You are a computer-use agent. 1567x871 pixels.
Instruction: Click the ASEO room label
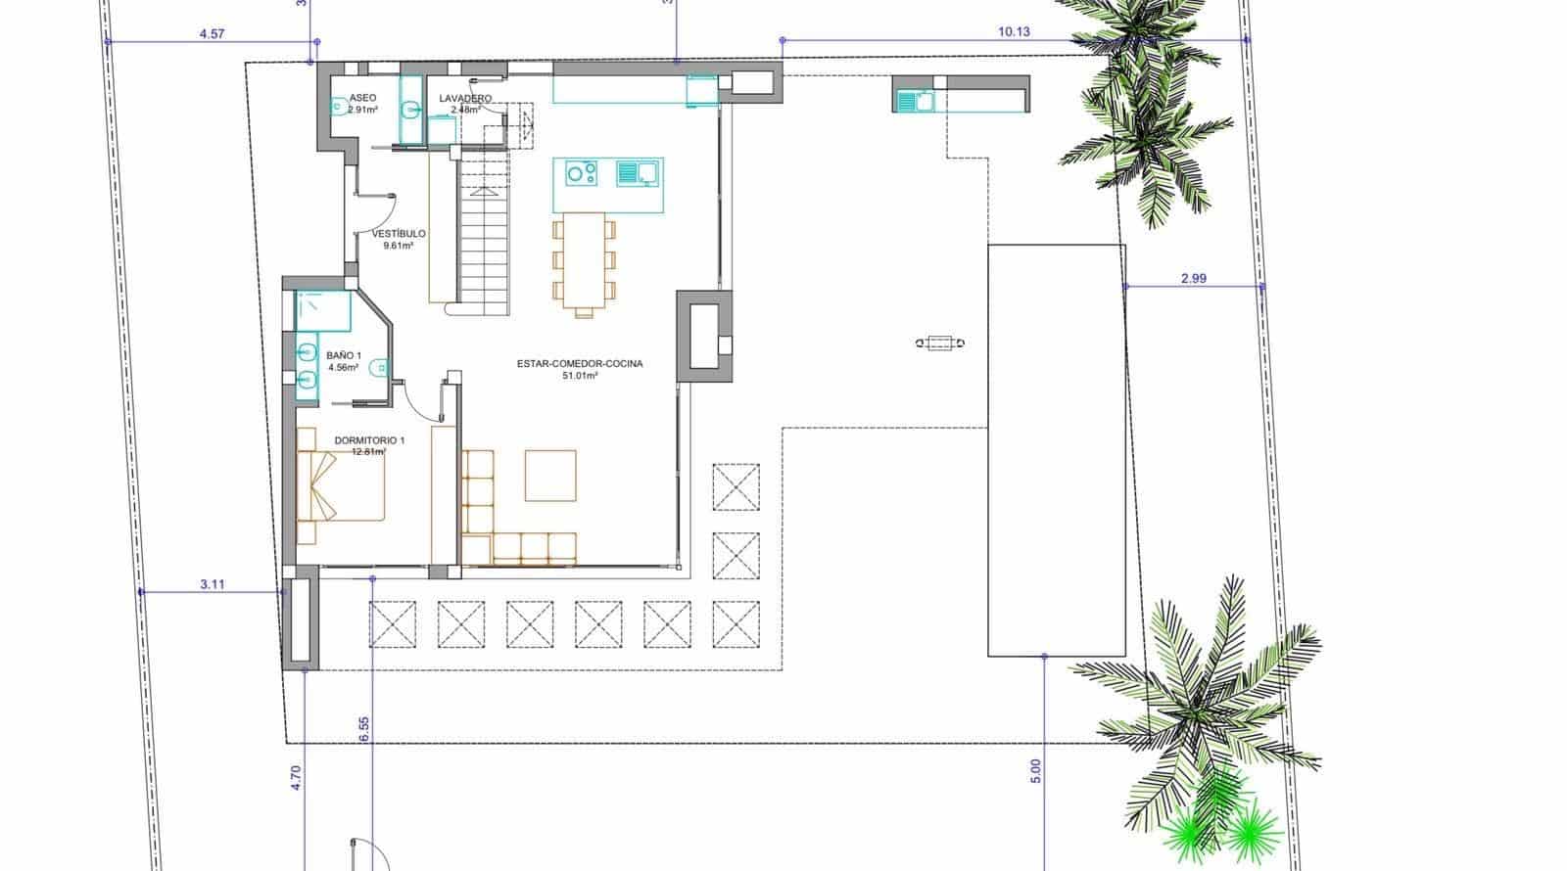(x=362, y=99)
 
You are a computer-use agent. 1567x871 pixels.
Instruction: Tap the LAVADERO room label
(x=464, y=99)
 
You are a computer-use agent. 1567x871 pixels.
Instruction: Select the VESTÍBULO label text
(x=399, y=234)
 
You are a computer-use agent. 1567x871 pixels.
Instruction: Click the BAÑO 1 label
(x=344, y=356)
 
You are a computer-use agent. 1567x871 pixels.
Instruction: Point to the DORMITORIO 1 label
(x=369, y=441)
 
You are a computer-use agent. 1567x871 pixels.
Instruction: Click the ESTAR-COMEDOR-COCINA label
(x=580, y=364)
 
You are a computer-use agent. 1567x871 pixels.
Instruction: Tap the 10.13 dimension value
(x=1014, y=31)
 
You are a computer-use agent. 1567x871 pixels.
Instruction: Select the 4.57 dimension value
(x=212, y=33)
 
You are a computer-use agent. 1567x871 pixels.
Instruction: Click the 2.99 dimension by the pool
(x=1193, y=278)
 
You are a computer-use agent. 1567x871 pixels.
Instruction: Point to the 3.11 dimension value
(x=213, y=584)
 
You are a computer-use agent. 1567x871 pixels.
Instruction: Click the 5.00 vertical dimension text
(x=1036, y=771)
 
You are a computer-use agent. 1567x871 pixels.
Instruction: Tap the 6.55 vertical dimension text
(x=363, y=729)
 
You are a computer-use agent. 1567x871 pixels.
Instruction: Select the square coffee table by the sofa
(x=550, y=476)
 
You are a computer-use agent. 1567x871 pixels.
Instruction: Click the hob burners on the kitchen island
(x=582, y=174)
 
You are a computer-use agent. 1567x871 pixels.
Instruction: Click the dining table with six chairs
(x=584, y=261)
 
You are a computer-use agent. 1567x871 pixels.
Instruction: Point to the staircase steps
(x=485, y=245)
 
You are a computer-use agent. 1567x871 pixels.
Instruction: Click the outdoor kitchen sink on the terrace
(x=917, y=99)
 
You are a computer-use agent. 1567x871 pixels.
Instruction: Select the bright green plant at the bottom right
(x=1219, y=827)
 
